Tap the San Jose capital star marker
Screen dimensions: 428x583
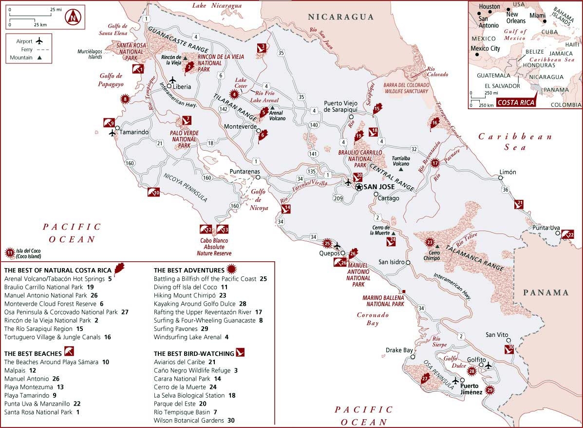coord(359,187)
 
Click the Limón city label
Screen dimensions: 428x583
coord(507,172)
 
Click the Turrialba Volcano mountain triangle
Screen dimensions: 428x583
coord(401,169)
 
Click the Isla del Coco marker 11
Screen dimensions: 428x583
coord(9,253)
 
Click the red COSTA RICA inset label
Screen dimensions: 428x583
coord(515,102)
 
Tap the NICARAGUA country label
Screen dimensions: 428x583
coord(341,17)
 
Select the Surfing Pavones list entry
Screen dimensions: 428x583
coord(175,329)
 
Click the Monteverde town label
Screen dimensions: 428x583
coord(240,126)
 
